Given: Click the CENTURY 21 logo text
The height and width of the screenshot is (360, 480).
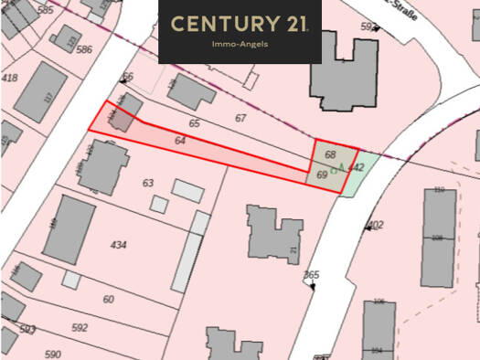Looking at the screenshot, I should pyautogui.click(x=240, y=24).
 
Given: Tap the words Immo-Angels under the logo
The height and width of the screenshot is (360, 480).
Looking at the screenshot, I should pyautogui.click(x=240, y=43).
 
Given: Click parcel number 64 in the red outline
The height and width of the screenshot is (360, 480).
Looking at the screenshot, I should pyautogui.click(x=179, y=141).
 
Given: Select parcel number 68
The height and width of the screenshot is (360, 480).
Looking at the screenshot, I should pyautogui.click(x=330, y=154).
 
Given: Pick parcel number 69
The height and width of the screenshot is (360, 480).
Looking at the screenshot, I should pyautogui.click(x=322, y=174).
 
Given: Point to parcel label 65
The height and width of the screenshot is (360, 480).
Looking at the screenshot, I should pyautogui.click(x=194, y=122).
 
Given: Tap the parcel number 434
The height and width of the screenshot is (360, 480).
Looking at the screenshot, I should pyautogui.click(x=119, y=245).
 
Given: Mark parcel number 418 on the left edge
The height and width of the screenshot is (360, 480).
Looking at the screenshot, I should pyautogui.click(x=10, y=79).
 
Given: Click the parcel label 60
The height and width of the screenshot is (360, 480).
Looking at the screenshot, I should pyautogui.click(x=108, y=300).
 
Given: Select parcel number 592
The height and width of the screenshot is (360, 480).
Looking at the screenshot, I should pyautogui.click(x=80, y=327).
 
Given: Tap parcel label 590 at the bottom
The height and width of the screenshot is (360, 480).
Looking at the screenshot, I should pyautogui.click(x=52, y=354).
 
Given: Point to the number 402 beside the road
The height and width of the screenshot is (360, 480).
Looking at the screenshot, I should pyautogui.click(x=374, y=225).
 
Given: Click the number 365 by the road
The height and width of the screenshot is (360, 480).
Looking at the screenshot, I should pyautogui.click(x=312, y=275).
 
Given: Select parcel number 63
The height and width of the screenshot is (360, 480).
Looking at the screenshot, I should pyautogui.click(x=148, y=184).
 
